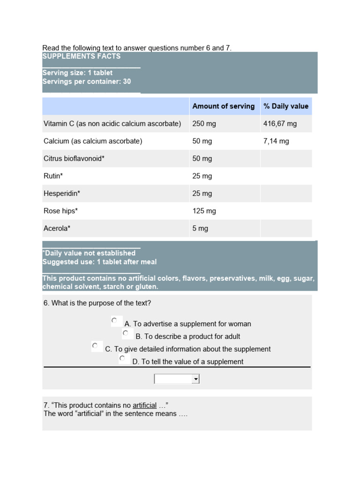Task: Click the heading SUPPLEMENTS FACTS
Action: [x=82, y=56]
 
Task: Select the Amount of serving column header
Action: [x=223, y=106]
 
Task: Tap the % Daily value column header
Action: [x=285, y=106]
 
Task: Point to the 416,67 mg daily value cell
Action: [x=280, y=124]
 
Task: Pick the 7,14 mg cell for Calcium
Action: [x=276, y=141]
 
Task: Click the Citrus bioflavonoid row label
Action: [x=74, y=158]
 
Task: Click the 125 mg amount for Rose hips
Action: [x=204, y=211]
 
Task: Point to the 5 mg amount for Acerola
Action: [x=200, y=228]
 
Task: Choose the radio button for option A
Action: [x=114, y=321]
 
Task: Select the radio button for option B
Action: [x=126, y=333]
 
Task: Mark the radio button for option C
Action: [x=95, y=346]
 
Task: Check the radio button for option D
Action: [x=122, y=359]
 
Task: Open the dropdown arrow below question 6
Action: [x=196, y=379]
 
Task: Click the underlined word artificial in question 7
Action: [x=144, y=405]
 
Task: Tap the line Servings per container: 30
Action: [x=87, y=82]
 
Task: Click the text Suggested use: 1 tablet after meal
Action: [x=99, y=262]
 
